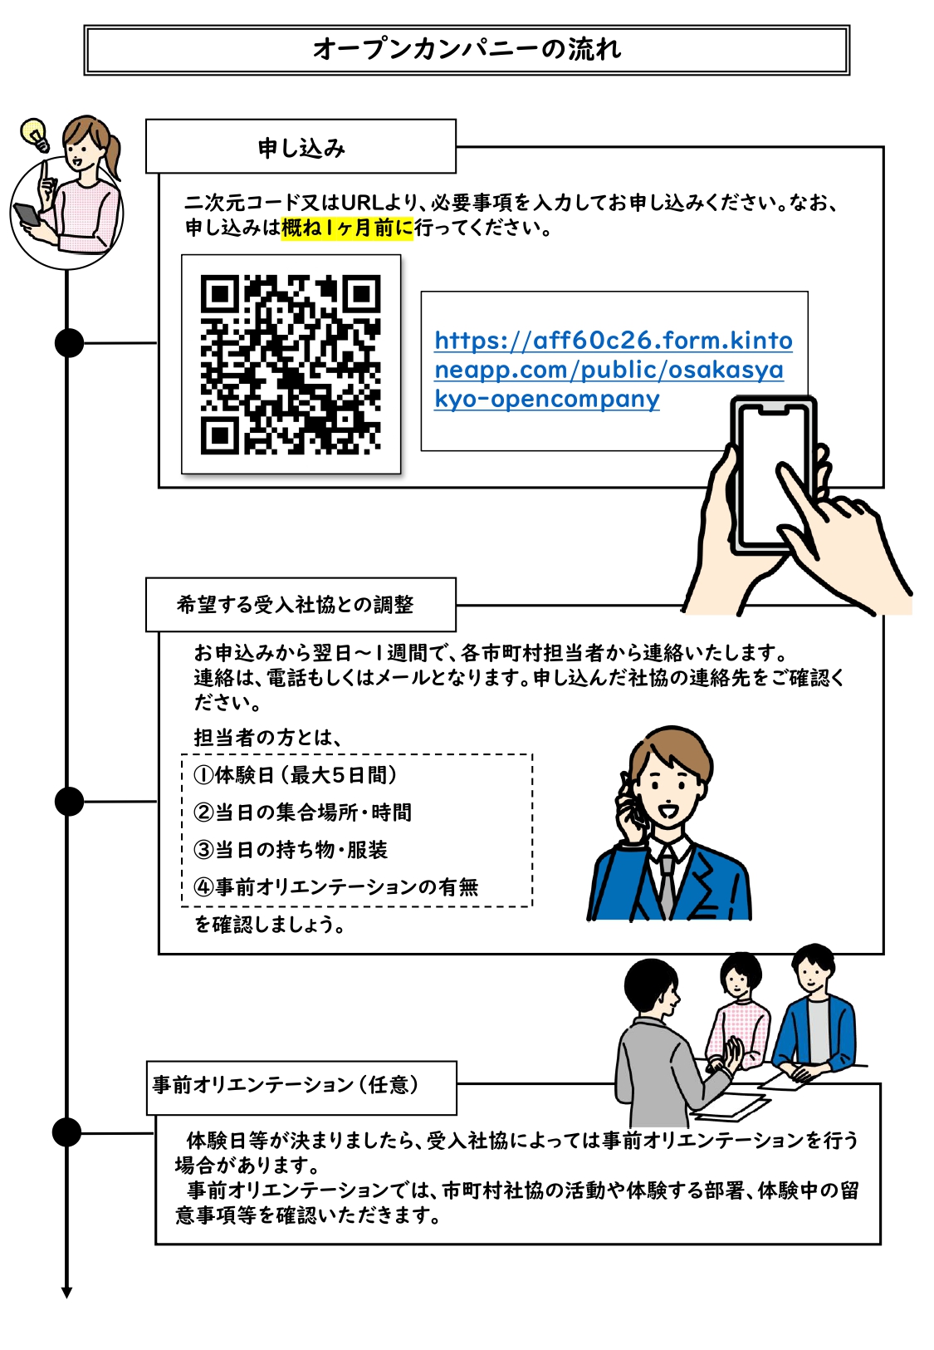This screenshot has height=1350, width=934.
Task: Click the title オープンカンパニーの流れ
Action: pyautogui.click(x=467, y=49)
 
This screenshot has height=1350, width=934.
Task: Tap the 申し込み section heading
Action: pyautogui.click(x=301, y=148)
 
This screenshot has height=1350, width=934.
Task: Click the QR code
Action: pyautogui.click(x=291, y=364)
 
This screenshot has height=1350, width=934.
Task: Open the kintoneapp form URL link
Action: pyautogui.click(x=612, y=370)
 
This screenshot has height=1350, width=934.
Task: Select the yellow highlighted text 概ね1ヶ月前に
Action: pyautogui.click(x=347, y=228)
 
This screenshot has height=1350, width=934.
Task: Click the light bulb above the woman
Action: pyautogui.click(x=35, y=134)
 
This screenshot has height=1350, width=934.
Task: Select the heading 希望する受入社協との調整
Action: pyautogui.click(x=295, y=605)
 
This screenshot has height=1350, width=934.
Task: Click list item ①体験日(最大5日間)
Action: pyautogui.click(x=295, y=775)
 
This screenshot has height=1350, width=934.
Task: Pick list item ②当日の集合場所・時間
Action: pyautogui.click(x=302, y=812)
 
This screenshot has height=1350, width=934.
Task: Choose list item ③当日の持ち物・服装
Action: pyautogui.click(x=291, y=850)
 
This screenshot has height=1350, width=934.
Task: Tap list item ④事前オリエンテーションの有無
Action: pyautogui.click(x=335, y=887)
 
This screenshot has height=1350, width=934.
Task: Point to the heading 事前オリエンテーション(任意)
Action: pyautogui.click(x=286, y=1085)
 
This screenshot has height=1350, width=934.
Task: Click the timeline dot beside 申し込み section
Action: pyautogui.click(x=69, y=342)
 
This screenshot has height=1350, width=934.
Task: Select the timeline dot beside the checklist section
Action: pyautogui.click(x=69, y=802)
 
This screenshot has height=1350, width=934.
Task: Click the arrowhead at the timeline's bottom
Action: pyautogui.click(x=66, y=1292)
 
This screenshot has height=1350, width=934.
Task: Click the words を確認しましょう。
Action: pyautogui.click(x=270, y=925)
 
